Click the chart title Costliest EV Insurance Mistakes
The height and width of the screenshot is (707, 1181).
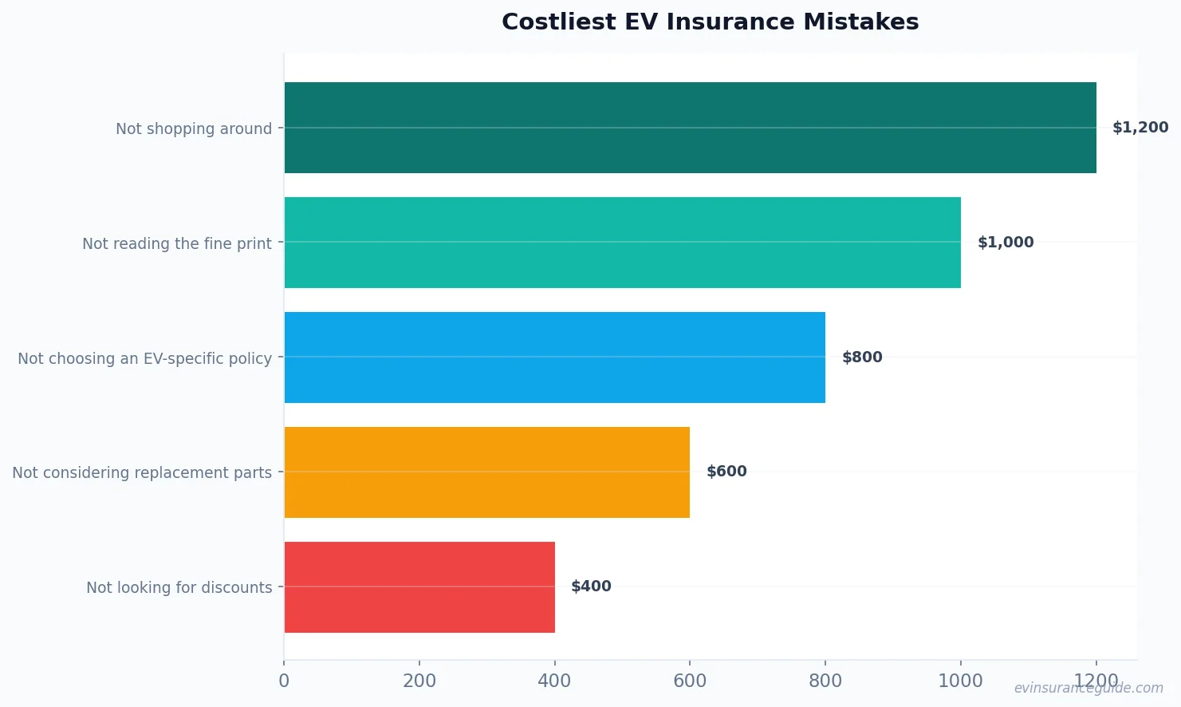pyautogui.click(x=710, y=22)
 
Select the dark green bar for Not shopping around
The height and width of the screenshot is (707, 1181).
pyautogui.click(x=690, y=128)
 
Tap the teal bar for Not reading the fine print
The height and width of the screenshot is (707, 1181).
pyautogui.click(x=622, y=243)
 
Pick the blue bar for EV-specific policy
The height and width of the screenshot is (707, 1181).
pyautogui.click(x=554, y=357)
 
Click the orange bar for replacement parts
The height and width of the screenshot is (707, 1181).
pyautogui.click(x=486, y=472)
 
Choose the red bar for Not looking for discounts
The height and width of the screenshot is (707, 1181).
pyautogui.click(x=419, y=587)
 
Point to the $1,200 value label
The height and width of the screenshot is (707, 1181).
pyautogui.click(x=1140, y=128)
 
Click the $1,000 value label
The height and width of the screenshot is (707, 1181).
pyautogui.click(x=1006, y=243)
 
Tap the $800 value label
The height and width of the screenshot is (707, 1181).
pyautogui.click(x=862, y=357)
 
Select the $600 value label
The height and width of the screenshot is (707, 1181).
pyautogui.click(x=726, y=472)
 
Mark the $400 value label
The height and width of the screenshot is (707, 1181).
pyautogui.click(x=591, y=587)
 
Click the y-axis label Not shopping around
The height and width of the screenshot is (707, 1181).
pyautogui.click(x=194, y=128)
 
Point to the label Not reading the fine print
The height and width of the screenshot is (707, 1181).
pyautogui.click(x=177, y=243)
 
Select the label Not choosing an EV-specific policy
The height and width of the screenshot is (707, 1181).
pyautogui.click(x=145, y=358)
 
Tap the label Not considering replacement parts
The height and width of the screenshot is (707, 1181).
pyautogui.click(x=142, y=472)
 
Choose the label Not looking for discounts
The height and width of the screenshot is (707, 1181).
pyautogui.click(x=179, y=587)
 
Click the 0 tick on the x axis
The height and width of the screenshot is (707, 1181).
pyautogui.click(x=284, y=681)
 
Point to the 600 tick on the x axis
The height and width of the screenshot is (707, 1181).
pyautogui.click(x=690, y=681)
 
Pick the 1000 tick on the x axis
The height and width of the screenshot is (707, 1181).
pyautogui.click(x=960, y=681)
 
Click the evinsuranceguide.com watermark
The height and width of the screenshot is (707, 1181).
pyautogui.click(x=1088, y=688)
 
